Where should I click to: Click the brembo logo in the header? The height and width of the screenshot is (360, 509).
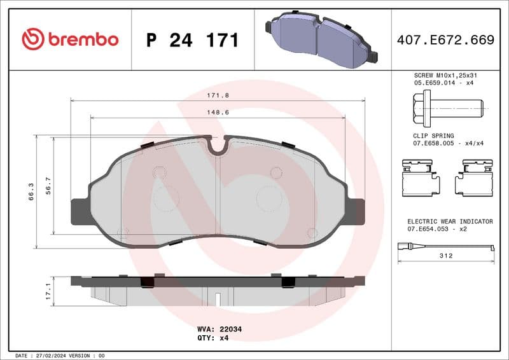70,39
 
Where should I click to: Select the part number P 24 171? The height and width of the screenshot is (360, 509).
192,40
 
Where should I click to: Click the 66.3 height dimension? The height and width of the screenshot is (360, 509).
30,191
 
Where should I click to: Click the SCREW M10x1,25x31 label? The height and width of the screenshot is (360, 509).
445,75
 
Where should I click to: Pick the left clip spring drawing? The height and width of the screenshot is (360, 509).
421,177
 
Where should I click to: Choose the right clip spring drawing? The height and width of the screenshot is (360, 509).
474,177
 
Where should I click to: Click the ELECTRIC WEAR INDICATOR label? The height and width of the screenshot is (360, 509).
450,221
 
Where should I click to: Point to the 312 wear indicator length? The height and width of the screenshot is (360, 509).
446,256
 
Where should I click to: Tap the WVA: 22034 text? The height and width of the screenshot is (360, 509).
220,329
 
